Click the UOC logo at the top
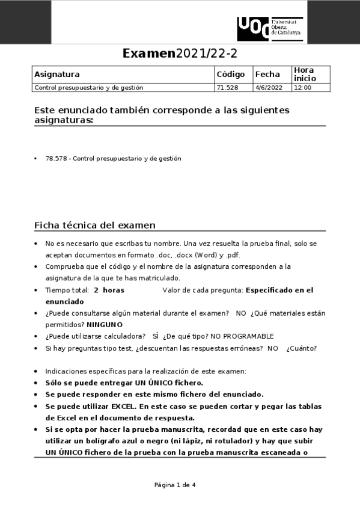coord(270,29)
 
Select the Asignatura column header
coord(57,75)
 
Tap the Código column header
coord(231,75)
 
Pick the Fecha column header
coord(267,75)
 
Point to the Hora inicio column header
coord(304,75)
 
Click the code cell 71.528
coord(227,88)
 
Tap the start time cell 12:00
coord(302,88)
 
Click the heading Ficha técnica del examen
coord(95,226)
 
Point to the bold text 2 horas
coord(109,290)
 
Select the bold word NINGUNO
coord(104,324)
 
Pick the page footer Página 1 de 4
coord(175,485)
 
